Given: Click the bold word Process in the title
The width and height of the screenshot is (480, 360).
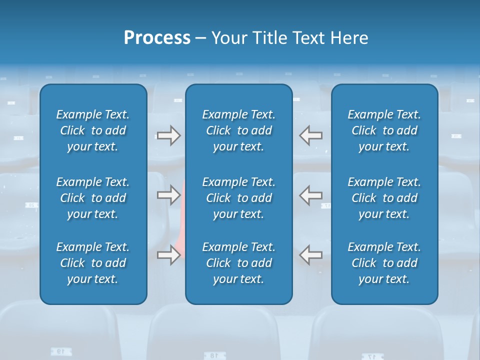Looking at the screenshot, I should (157, 38).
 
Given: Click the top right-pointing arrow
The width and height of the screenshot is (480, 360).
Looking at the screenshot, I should (168, 135).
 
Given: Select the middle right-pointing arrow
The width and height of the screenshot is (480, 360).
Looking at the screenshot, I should (168, 195).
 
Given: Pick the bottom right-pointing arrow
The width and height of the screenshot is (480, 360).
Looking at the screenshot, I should (168, 255).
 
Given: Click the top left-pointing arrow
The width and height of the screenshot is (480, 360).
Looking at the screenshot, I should (311, 135).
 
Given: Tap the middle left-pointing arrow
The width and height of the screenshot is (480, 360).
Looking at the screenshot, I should (311, 195).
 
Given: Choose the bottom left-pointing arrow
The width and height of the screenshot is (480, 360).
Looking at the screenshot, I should (311, 255).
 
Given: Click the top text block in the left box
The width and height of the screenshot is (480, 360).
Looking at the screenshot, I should (93, 130).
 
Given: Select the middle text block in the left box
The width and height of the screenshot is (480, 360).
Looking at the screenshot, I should (93, 198).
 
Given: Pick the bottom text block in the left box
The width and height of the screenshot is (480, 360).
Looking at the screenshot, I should (93, 263).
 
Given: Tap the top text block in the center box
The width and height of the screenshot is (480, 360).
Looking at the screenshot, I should (238, 130).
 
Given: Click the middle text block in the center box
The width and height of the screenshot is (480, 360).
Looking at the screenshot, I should (238, 198).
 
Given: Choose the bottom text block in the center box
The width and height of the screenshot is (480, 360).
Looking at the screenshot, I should (238, 263).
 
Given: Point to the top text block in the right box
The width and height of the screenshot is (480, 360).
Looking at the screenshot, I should (384, 130).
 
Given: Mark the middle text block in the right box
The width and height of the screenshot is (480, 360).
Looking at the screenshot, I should (384, 198).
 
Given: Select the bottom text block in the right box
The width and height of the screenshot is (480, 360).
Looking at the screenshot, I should (384, 263).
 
